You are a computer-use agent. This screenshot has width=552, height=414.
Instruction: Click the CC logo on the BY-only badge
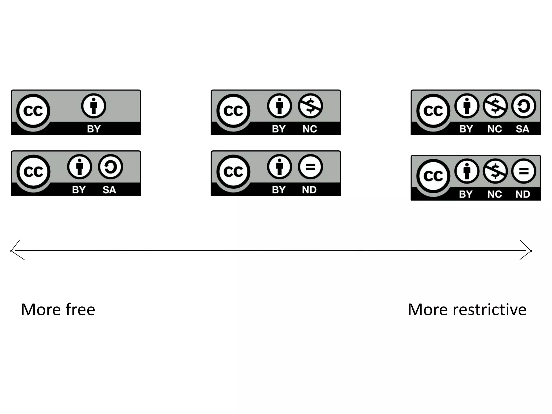click(x=33, y=111)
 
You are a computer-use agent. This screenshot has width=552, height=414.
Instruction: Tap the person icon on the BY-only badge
click(x=94, y=106)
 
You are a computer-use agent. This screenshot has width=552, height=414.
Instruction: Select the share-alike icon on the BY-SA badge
click(x=111, y=167)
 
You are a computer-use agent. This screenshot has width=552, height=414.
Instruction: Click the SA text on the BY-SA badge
click(x=109, y=190)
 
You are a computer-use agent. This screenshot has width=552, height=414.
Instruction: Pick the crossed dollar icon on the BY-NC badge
click(x=310, y=106)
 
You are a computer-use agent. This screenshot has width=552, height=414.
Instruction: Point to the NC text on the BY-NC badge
click(x=310, y=129)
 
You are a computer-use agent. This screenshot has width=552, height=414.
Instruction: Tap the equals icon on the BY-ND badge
click(x=310, y=167)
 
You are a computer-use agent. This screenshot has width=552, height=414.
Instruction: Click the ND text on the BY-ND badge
click(x=309, y=190)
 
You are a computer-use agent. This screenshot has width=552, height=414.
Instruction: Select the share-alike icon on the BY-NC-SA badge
click(x=523, y=106)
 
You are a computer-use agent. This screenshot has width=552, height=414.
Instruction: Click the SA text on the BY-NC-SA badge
click(x=522, y=129)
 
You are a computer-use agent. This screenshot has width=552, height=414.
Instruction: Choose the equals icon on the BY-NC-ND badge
click(x=523, y=171)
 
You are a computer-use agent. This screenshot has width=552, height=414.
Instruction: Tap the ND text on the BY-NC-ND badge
click(x=523, y=194)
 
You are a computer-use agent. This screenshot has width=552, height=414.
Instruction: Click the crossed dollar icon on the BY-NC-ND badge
click(x=495, y=171)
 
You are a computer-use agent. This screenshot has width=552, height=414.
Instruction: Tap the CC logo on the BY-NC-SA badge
click(x=433, y=111)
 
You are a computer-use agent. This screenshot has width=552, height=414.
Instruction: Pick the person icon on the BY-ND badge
click(x=280, y=167)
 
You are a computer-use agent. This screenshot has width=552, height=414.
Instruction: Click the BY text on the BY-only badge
click(x=94, y=129)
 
